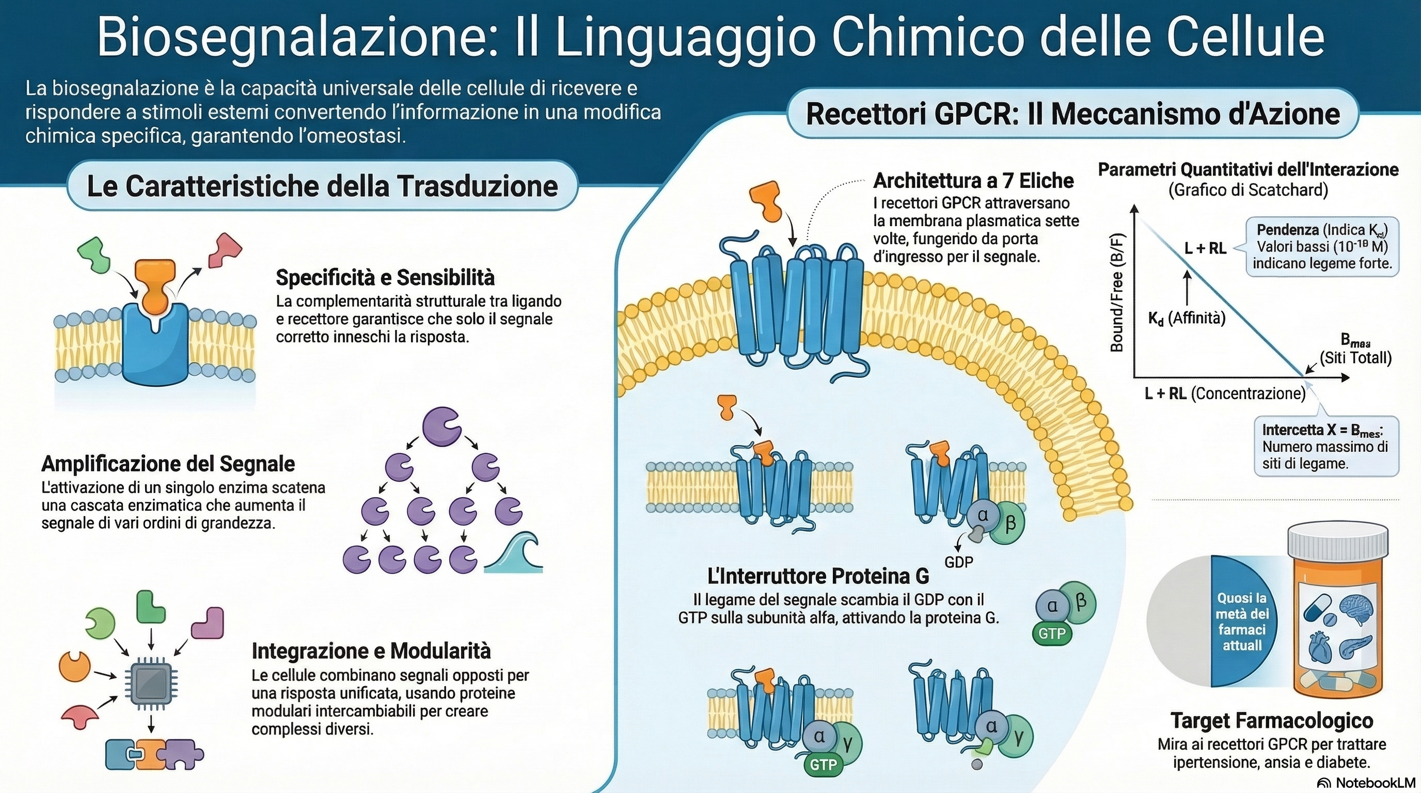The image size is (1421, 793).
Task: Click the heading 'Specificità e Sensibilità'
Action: click(x=385, y=277)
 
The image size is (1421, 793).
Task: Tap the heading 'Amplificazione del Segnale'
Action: click(x=168, y=464)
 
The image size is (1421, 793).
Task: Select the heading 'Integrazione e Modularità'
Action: click(x=371, y=651)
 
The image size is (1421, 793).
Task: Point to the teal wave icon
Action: click(x=514, y=553)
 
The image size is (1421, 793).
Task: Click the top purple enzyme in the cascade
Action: click(x=441, y=427)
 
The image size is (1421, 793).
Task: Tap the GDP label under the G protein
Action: click(x=959, y=562)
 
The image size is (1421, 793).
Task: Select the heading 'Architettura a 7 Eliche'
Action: click(x=974, y=180)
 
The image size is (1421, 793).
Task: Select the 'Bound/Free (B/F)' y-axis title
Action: click(x=1116, y=292)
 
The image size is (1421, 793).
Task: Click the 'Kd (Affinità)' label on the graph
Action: click(x=1187, y=318)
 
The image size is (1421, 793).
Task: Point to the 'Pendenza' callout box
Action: click(x=1322, y=246)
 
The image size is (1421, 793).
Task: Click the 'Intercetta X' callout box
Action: click(x=1325, y=446)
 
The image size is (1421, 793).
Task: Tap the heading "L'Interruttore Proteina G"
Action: click(x=818, y=576)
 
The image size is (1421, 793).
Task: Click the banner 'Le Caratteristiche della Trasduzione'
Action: click(x=322, y=186)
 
